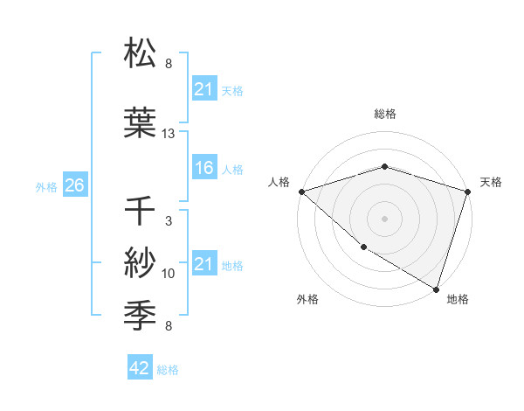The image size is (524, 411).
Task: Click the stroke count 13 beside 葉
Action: point(169,134)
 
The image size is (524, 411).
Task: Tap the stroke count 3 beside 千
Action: point(169,221)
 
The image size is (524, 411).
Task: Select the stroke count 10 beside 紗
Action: point(169,274)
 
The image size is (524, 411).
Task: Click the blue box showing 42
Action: point(140,369)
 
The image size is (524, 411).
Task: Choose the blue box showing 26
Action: point(74,185)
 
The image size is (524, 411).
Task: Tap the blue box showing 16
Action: point(203,168)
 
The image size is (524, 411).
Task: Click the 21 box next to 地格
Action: point(203,264)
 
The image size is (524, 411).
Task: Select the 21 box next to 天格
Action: point(203,89)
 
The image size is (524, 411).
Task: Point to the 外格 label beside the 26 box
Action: point(46,186)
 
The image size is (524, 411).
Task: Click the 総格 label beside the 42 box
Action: point(168,370)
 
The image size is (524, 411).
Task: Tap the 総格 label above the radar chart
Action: point(384,114)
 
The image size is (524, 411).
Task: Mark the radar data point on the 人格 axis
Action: point(301,191)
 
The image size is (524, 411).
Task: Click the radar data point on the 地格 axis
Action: point(435,288)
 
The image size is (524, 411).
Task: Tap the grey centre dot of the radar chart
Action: point(384,218)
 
